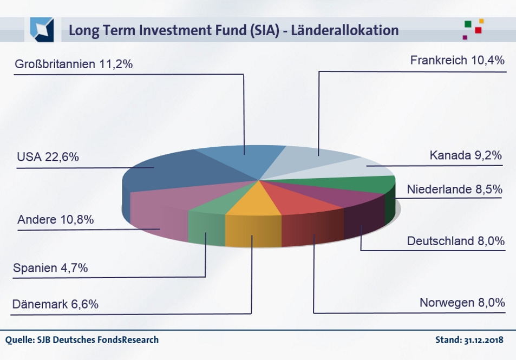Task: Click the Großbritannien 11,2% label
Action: click(x=74, y=64)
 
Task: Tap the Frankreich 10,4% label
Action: click(x=457, y=61)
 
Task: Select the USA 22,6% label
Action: click(x=48, y=158)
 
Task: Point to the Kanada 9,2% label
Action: click(x=466, y=155)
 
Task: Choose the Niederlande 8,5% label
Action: click(x=455, y=189)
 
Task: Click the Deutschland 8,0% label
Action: click(x=456, y=240)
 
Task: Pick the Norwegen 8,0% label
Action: click(x=462, y=303)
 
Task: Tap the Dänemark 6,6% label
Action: click(x=55, y=304)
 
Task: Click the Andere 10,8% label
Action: click(x=55, y=220)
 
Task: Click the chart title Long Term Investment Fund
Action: click(x=233, y=30)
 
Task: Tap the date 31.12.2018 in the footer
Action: click(x=484, y=340)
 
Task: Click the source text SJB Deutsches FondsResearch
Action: click(x=97, y=340)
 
